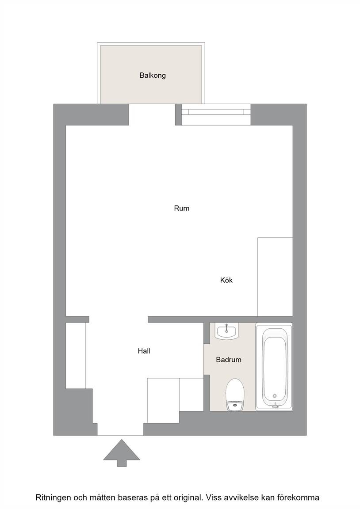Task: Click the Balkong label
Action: tap(153, 76)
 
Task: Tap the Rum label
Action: tap(182, 209)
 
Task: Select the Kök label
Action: tap(226, 280)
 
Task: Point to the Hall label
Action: tap(144, 351)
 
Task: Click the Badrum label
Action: tap(229, 360)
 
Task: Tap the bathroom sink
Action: tap(226, 331)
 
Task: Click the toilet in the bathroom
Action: tap(235, 395)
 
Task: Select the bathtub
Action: tap(274, 366)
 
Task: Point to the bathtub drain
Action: tap(275, 396)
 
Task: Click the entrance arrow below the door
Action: tap(122, 453)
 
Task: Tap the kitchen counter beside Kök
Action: tap(275, 277)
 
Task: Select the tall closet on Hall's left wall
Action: tap(76, 355)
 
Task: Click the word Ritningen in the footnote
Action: tap(53, 498)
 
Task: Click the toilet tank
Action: tap(235, 406)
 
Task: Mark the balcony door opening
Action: tap(152, 114)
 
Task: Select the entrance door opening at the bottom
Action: tap(121, 429)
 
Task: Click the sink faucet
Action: tap(226, 327)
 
